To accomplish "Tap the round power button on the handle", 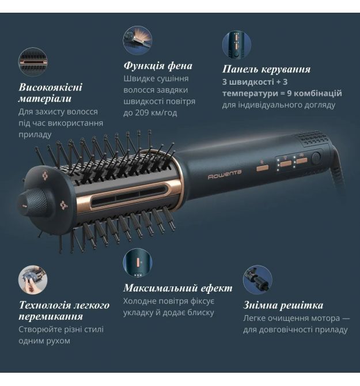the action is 316,157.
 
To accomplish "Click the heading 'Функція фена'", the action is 158,66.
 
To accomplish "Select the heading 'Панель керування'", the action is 266,69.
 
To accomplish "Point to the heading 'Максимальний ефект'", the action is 177,288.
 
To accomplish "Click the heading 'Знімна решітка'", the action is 283,305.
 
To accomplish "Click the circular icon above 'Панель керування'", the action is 237,45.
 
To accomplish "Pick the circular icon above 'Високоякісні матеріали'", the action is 33,62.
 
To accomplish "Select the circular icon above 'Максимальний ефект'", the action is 138,263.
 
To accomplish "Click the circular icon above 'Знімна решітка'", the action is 257,280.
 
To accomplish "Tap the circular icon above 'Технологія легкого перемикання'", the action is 33,280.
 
